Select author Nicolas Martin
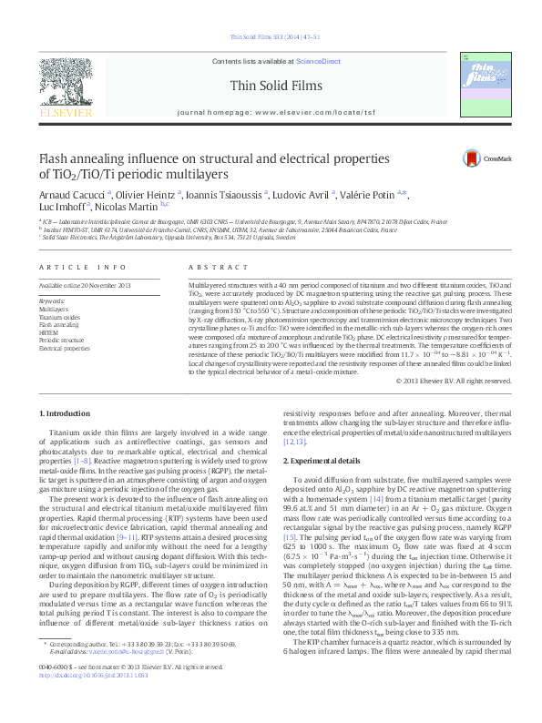pos(129,207)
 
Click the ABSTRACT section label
pos(210,267)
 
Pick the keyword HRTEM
pos(49,332)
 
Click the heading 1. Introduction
pos(65,413)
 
